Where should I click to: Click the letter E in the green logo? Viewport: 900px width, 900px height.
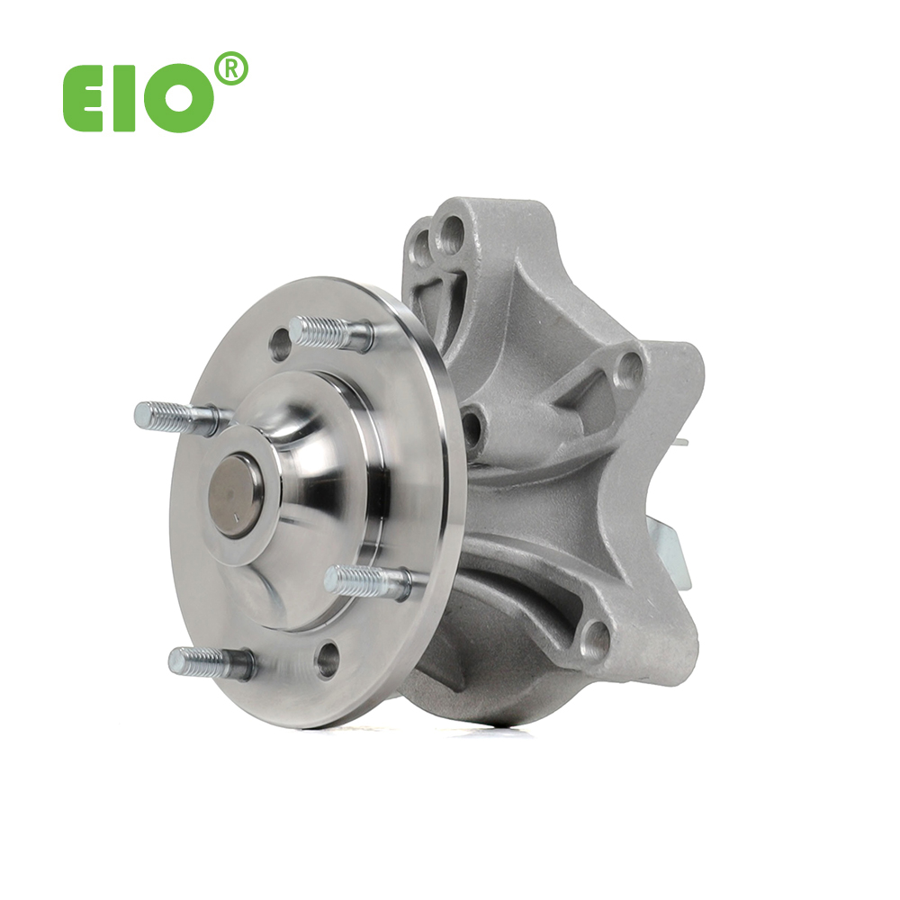(x=83, y=98)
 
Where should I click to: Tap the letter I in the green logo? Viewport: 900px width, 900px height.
(x=124, y=98)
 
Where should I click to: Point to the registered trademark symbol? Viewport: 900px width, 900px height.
(x=230, y=69)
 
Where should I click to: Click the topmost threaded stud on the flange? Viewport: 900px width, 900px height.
(x=330, y=334)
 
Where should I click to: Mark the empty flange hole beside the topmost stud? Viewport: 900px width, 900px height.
(x=280, y=345)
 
